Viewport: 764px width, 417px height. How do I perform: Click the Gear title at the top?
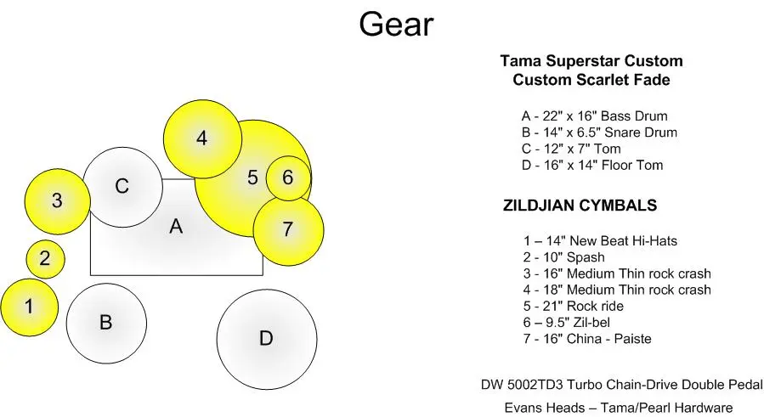tap(396, 25)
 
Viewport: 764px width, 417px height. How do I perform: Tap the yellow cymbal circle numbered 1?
tap(29, 307)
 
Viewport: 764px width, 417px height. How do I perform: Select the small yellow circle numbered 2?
tap(45, 259)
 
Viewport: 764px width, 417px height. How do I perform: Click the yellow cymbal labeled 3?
tap(58, 201)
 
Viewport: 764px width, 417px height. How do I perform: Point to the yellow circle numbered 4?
tap(202, 138)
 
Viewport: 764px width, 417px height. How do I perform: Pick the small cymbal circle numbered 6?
tap(288, 178)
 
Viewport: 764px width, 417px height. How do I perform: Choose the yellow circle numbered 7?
tap(288, 230)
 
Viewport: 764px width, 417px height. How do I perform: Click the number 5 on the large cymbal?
tap(252, 178)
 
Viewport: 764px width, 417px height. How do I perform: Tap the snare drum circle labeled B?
tap(106, 324)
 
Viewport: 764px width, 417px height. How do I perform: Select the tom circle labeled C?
tap(122, 187)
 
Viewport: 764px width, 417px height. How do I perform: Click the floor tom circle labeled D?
tap(267, 340)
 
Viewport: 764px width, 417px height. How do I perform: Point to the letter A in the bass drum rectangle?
tap(176, 227)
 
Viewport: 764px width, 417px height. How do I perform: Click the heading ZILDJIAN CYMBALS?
tap(580, 205)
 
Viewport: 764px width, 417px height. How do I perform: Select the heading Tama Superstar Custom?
tap(591, 61)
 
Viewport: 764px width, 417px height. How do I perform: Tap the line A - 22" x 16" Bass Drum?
tap(594, 116)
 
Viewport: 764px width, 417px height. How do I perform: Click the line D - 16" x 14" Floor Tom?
tap(592, 165)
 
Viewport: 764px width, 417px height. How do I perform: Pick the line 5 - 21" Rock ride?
tap(574, 306)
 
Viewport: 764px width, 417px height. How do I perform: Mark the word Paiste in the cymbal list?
tap(632, 339)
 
